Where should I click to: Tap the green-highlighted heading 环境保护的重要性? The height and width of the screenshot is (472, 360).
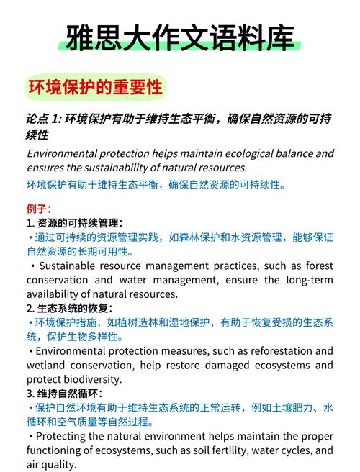95,88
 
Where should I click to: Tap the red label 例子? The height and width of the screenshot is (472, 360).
38,209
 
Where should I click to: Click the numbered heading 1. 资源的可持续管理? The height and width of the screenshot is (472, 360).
75,223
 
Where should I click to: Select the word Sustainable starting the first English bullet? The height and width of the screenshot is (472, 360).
66,265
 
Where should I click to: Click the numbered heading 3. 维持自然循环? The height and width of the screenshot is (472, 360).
64,394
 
